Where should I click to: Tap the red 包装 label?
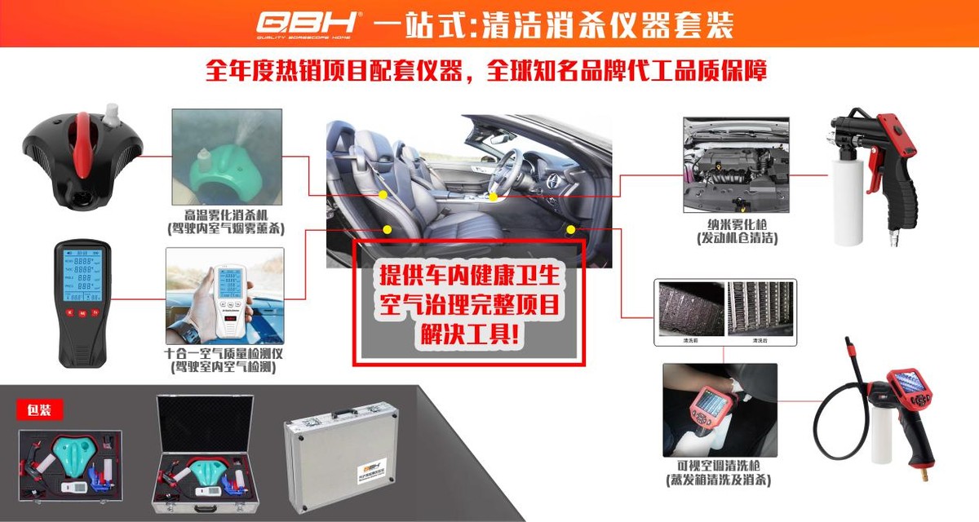[39, 409]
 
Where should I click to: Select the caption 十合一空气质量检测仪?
[224, 354]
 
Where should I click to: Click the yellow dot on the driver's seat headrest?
[383, 196]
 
